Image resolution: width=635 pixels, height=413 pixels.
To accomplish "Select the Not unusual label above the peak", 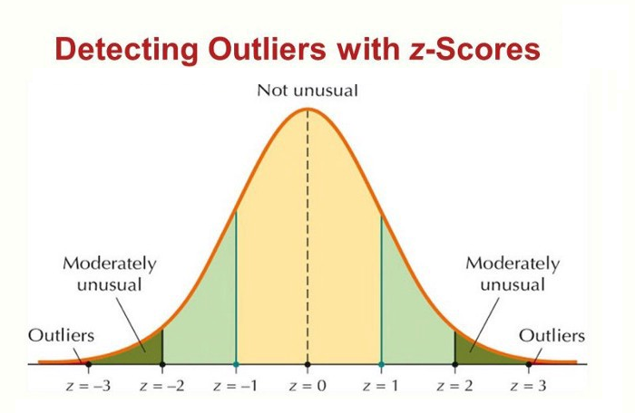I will point(308,91).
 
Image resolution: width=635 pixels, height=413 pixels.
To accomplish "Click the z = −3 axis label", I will point(89,387).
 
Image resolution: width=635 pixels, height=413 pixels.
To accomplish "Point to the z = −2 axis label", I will point(162,387).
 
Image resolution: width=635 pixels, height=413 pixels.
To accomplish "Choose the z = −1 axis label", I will point(236,387).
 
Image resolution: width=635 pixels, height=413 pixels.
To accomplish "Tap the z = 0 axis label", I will point(308,387).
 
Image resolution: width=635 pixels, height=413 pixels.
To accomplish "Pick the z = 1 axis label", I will point(381,387).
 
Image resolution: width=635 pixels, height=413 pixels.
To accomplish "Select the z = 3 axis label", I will point(528,387).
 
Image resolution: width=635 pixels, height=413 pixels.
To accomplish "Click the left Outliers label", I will point(61,336).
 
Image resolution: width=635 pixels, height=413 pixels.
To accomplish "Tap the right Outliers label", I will point(552,336).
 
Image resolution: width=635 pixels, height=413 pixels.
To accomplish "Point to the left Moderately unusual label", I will point(109,274).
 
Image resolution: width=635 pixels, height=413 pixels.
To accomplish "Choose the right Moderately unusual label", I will point(513,274).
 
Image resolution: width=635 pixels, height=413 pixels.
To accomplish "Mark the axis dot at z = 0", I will point(308,364).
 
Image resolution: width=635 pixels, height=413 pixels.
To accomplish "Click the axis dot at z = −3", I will point(88,364).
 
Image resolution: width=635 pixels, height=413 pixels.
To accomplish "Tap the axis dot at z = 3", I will point(528,364).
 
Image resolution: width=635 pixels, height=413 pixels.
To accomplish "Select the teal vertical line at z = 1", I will point(381,290).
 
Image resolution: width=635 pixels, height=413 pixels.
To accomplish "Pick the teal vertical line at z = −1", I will point(236,290).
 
